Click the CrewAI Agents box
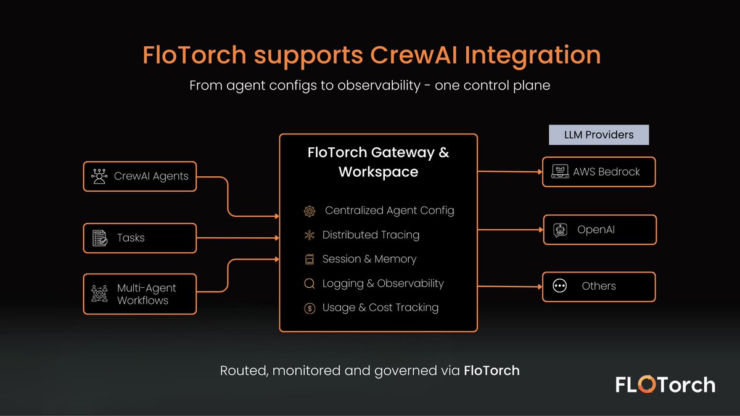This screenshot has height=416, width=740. (x=139, y=176)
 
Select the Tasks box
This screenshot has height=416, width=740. (x=139, y=238)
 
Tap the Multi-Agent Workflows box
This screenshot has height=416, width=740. (x=139, y=294)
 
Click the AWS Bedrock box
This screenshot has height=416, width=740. (x=599, y=172)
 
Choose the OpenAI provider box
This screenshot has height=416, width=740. (x=599, y=230)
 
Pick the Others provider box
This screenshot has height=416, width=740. (x=599, y=286)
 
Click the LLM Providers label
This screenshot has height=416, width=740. (x=598, y=134)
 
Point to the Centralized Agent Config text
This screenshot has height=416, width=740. (x=389, y=210)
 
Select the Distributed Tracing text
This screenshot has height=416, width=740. (x=371, y=235)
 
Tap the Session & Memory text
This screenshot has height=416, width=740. (x=369, y=259)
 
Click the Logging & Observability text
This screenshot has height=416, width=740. (x=383, y=283)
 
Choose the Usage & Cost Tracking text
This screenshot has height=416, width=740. (x=380, y=308)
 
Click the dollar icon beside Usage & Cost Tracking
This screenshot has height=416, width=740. (x=310, y=308)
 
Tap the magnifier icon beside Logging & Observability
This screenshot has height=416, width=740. (x=310, y=283)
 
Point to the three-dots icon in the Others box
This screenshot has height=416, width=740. (x=560, y=286)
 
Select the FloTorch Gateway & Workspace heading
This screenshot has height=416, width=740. (x=378, y=162)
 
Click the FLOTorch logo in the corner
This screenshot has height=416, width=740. (x=665, y=385)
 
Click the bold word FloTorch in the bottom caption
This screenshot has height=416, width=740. (x=491, y=371)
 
